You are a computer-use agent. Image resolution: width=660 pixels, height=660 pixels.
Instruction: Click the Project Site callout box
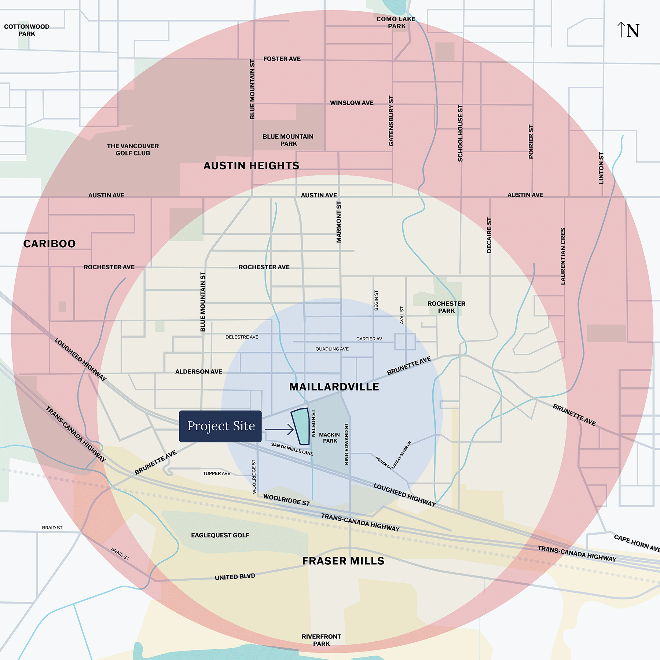220,426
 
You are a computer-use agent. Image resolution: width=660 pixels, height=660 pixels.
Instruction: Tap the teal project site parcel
301,426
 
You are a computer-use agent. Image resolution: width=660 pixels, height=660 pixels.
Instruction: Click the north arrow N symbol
628,30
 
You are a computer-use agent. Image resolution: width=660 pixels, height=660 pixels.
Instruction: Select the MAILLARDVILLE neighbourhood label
334,387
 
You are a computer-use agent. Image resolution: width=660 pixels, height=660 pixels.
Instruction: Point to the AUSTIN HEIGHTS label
252,166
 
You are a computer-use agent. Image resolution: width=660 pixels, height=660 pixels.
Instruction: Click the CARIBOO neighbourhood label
49,244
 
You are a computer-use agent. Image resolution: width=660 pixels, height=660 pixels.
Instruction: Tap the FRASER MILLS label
343,561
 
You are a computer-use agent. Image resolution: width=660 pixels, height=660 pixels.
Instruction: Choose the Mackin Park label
329,438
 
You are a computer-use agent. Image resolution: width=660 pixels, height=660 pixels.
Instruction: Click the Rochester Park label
446,307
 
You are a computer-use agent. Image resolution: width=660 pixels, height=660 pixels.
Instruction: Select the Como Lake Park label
396,23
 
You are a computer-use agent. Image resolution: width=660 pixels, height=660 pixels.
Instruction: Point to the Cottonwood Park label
27,30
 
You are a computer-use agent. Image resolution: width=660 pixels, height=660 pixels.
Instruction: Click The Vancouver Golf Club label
133,150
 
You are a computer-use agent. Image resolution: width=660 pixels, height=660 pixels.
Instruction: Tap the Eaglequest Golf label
220,535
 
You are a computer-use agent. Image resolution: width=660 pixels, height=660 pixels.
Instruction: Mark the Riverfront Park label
321,640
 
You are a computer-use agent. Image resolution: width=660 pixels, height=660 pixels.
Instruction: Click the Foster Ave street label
282,59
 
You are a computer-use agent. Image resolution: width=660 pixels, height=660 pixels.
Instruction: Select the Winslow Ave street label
352,103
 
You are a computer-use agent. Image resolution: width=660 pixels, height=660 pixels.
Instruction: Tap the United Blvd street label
235,577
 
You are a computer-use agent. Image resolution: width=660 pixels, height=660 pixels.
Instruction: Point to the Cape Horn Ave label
637,543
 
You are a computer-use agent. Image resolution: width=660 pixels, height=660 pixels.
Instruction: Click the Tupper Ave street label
217,474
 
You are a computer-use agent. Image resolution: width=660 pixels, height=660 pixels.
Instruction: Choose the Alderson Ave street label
199,372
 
